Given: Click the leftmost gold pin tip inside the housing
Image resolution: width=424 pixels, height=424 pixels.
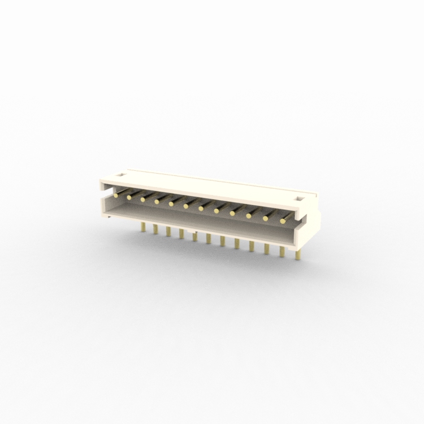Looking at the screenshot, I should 115,195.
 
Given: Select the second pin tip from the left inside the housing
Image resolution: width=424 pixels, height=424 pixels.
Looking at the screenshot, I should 129,197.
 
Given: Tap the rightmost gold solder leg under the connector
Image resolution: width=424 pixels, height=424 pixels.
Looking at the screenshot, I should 295,253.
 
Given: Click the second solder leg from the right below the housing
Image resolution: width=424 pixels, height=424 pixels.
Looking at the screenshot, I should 281,250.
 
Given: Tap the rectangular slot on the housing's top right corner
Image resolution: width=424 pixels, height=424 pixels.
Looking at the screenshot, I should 300,198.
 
